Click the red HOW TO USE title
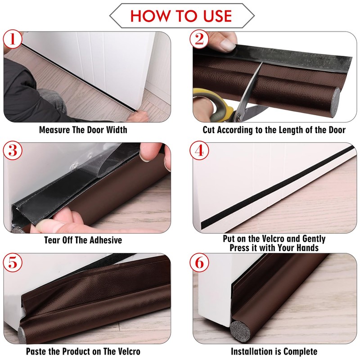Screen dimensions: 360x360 tap(181, 16)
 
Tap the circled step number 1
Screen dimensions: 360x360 tap(13, 39)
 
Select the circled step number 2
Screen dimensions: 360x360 tap(199, 39)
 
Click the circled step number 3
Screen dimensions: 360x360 tap(13, 150)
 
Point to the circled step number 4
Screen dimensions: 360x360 tap(199, 150)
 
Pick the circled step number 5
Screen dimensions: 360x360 tap(13, 262)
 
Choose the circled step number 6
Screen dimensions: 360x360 tap(199, 262)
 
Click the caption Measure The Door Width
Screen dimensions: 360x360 tap(83, 130)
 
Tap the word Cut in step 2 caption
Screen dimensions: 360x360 tap(209, 130)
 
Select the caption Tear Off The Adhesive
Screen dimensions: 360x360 tap(83, 240)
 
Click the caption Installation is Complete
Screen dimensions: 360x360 tap(274, 351)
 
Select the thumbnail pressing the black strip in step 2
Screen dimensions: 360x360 tap(227, 45)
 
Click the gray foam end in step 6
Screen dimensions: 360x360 tap(240, 331)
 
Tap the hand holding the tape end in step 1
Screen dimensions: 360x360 tap(138, 116)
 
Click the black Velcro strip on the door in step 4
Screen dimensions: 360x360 tap(277, 187)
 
